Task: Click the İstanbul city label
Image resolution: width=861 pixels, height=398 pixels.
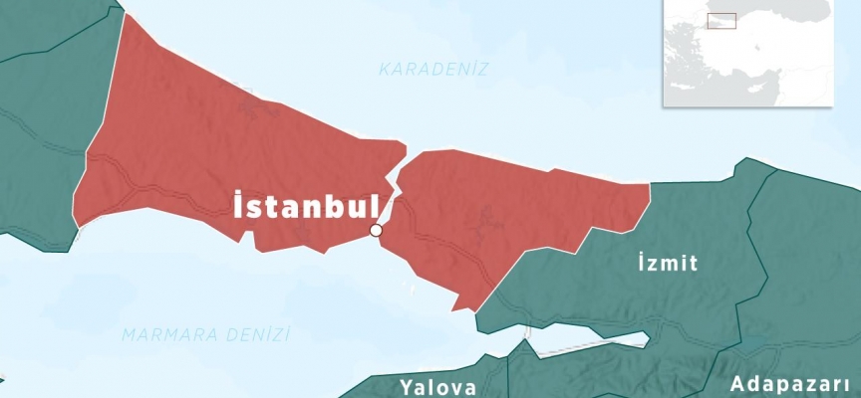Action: (305, 207)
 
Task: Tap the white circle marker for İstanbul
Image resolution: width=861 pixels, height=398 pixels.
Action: (376, 231)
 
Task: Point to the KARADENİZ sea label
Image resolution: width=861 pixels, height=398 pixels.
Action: (434, 70)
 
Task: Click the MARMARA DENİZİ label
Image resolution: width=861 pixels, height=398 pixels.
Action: (206, 335)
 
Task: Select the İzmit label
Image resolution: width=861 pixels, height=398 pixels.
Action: (667, 264)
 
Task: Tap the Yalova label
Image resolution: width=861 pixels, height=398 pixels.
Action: (438, 386)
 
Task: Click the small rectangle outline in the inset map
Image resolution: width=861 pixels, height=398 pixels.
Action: (720, 19)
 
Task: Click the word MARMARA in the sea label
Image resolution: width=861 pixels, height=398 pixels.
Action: (165, 335)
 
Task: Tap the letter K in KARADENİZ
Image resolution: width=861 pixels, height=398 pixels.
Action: (385, 70)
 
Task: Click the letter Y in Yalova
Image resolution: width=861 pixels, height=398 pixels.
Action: (408, 386)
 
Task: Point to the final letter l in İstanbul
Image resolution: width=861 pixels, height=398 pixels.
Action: (373, 206)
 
